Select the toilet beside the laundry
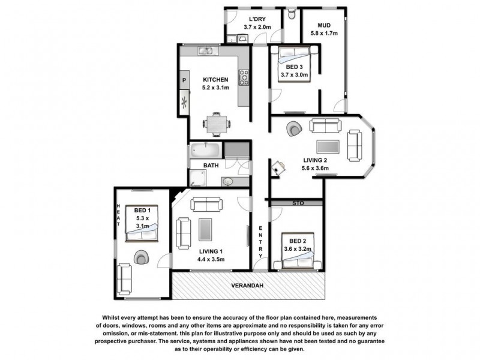click(x=292, y=13)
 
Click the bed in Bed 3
click(x=293, y=65)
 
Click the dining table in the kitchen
click(x=215, y=124)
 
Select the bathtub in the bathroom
click(x=206, y=149)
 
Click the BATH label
click(x=211, y=165)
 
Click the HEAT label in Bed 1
click(x=119, y=214)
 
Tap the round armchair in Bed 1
click(x=142, y=257)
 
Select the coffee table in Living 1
click(x=205, y=229)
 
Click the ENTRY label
click(x=260, y=242)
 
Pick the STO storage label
click(x=298, y=203)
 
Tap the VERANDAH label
click(x=250, y=286)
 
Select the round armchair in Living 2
click(x=294, y=128)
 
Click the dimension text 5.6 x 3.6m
click(x=316, y=169)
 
